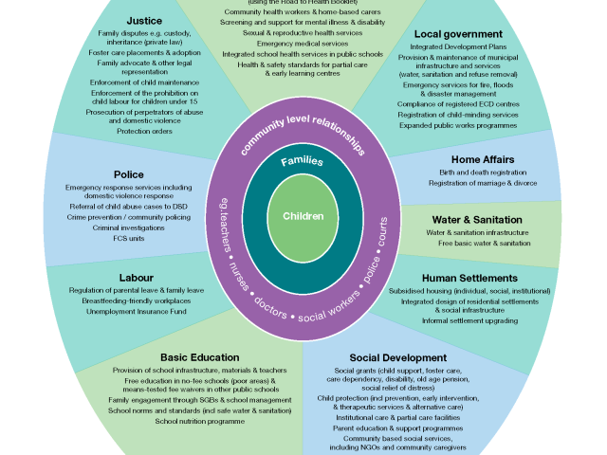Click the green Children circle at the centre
[x=303, y=216]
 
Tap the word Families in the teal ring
[x=303, y=161]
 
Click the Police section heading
[x=130, y=174]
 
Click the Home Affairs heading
[x=478, y=159]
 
